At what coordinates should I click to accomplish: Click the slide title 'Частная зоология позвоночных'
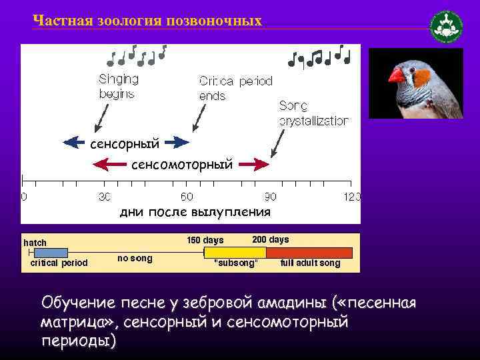coord(147,21)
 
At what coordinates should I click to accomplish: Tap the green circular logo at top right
coord(446,27)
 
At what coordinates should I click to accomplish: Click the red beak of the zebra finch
coord(397,75)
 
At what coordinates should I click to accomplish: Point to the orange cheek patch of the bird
coord(421,79)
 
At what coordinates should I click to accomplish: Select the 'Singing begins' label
coord(119,86)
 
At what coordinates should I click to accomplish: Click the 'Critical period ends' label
coord(235,88)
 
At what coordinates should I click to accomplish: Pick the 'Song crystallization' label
coord(313,113)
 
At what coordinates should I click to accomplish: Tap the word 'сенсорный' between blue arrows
coord(125,143)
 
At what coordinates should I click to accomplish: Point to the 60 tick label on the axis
coord(187,197)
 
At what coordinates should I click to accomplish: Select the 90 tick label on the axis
coord(269,197)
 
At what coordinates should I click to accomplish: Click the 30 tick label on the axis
coord(104,197)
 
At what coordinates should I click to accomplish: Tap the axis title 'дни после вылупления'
coord(195,213)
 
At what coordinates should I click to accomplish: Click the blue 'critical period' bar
coord(46,253)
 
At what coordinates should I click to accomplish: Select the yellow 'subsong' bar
coord(235,253)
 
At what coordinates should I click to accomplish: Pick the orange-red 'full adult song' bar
coord(309,253)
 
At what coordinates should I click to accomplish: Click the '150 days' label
coord(205,240)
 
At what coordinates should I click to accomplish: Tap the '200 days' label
coord(271,239)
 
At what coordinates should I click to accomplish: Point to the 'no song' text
coord(135,258)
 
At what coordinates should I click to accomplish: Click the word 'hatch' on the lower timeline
coord(35,243)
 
